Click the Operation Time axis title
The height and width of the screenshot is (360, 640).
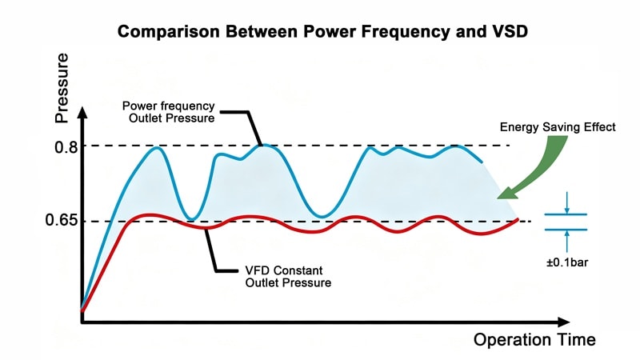534,339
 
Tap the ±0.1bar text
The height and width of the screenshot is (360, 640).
566,260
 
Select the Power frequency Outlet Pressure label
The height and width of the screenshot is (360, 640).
170,113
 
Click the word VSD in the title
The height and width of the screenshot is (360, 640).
502,33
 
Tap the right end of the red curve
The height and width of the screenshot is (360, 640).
518,219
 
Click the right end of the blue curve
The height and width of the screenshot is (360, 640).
482,162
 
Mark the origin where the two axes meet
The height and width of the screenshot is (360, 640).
82,322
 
